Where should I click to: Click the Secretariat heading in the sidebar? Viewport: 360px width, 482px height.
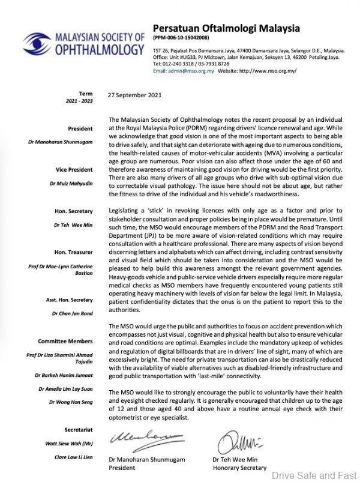(76, 413)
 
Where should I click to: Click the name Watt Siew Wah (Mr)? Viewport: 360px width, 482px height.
(69, 427)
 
